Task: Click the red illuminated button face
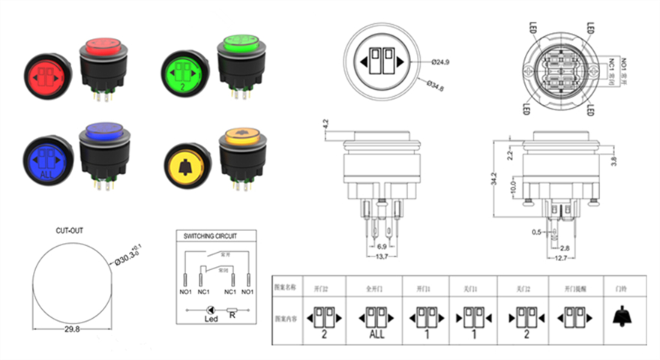pos(49,76)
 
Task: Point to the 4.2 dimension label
pos(325,124)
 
